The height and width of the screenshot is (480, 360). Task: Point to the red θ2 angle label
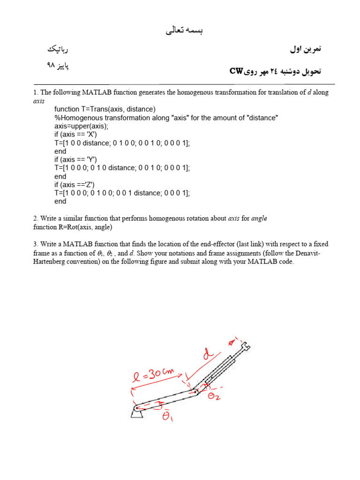click(x=214, y=396)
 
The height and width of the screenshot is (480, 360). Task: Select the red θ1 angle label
click(x=167, y=416)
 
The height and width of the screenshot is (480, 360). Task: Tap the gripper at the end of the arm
click(x=244, y=347)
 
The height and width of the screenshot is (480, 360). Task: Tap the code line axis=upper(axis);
click(x=81, y=126)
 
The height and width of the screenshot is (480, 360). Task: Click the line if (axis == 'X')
click(x=75, y=135)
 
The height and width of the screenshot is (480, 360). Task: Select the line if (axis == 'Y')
click(x=75, y=160)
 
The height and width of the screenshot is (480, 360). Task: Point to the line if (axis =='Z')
click(x=75, y=185)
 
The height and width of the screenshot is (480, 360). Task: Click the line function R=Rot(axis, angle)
click(x=73, y=227)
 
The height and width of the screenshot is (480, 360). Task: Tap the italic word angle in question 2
click(x=259, y=219)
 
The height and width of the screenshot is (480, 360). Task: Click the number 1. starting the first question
click(x=36, y=92)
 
